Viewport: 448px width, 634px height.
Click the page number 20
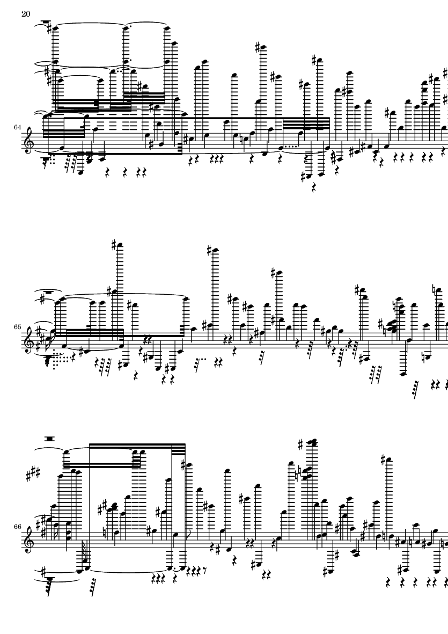(26, 14)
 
